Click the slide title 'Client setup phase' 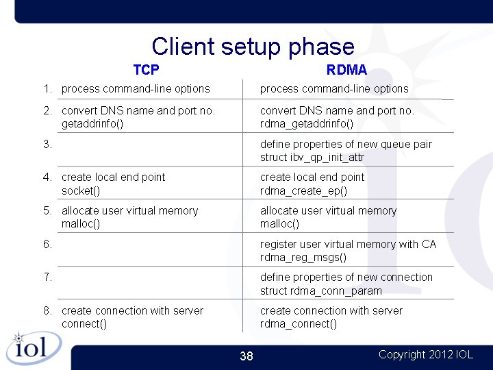click(253, 46)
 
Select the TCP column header click(146, 70)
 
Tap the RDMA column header click(346, 70)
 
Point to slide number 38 click(246, 356)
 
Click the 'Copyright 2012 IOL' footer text click(425, 354)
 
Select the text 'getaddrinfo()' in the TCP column click(92, 124)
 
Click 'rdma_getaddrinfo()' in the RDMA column click(307, 124)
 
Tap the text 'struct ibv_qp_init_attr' click(312, 158)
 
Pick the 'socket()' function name click(81, 190)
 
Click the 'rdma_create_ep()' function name click(303, 190)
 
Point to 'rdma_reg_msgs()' click(303, 258)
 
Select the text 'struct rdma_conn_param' click(321, 291)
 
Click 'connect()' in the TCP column click(84, 324)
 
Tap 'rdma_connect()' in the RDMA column click(299, 324)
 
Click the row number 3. click(47, 144)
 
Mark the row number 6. click(47, 244)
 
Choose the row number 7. click(47, 277)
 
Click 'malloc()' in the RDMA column click(279, 224)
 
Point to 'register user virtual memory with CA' click(348, 244)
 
